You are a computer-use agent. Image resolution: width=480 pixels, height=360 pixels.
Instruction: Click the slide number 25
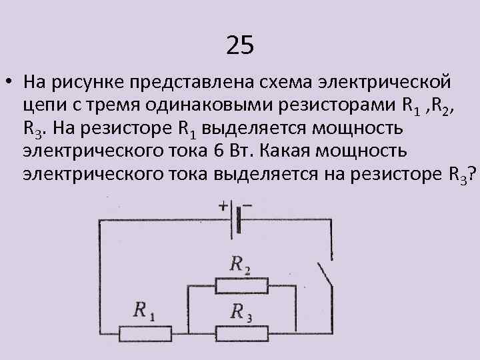240,45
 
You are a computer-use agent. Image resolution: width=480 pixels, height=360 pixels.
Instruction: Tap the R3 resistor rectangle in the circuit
242,331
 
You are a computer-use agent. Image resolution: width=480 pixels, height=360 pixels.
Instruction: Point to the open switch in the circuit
325,278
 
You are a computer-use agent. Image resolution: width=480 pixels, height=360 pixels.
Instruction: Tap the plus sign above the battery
223,207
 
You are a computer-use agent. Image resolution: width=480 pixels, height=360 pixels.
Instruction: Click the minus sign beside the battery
247,206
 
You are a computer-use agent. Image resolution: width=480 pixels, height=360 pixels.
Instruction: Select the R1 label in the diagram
144,311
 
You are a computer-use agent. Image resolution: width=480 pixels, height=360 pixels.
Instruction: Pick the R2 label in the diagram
240,265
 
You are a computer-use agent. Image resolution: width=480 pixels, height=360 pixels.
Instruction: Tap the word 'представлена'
206,85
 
